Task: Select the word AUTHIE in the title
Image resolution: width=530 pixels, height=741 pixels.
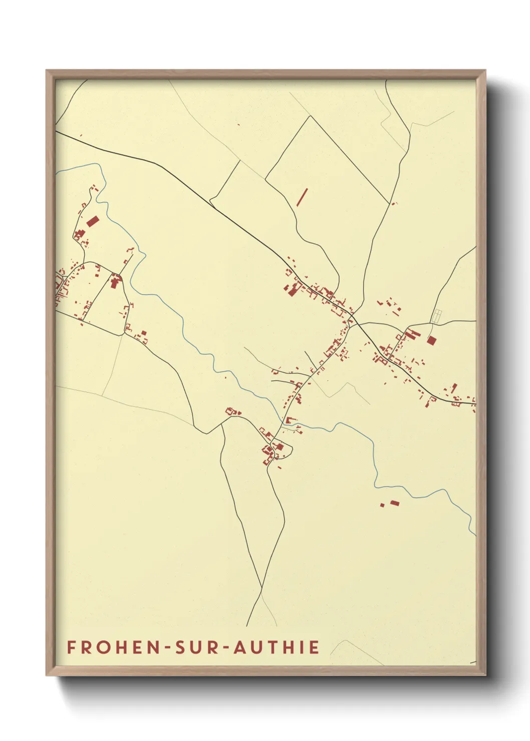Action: click(277, 647)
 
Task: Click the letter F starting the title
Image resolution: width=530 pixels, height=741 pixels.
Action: click(71, 647)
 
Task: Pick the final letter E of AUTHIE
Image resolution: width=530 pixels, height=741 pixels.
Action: click(314, 647)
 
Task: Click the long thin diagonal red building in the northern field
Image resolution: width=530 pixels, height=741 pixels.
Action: click(302, 197)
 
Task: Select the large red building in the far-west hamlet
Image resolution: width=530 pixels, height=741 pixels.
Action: click(93, 221)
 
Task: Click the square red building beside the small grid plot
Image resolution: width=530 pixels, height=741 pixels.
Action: click(431, 340)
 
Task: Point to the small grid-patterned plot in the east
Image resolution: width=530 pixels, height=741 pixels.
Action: click(436, 316)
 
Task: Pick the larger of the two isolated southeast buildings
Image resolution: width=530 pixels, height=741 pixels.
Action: click(395, 502)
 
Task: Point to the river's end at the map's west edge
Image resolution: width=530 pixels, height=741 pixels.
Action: click(57, 173)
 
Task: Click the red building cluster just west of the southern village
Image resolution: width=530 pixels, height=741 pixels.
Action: click(232, 412)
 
